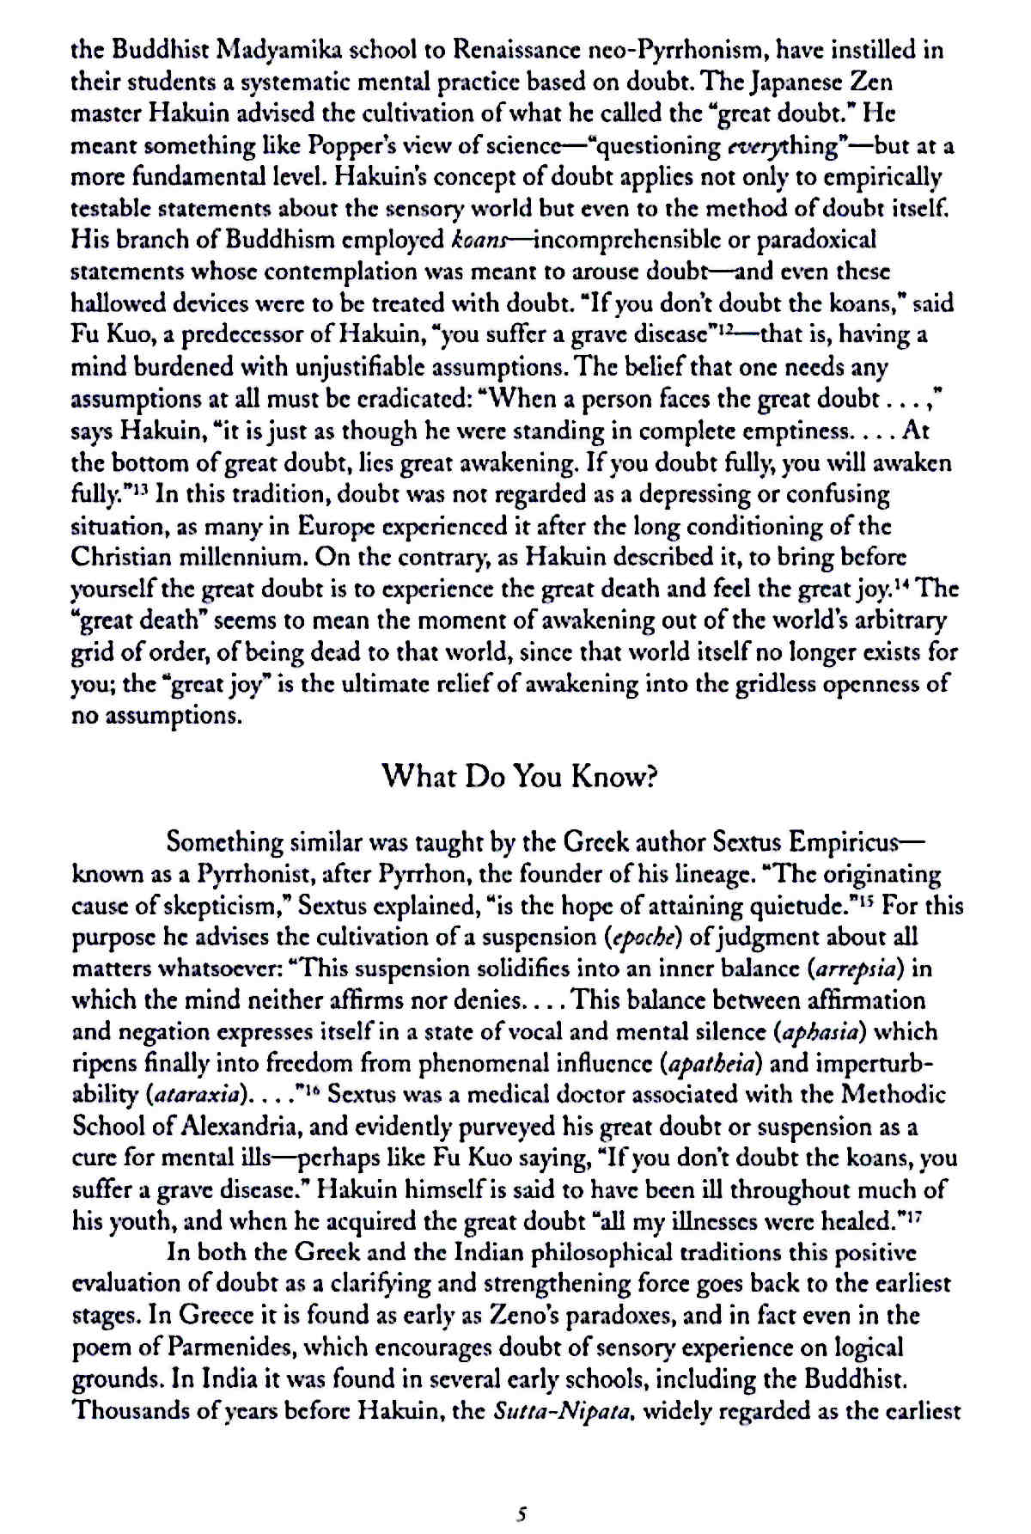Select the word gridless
(763, 685)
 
